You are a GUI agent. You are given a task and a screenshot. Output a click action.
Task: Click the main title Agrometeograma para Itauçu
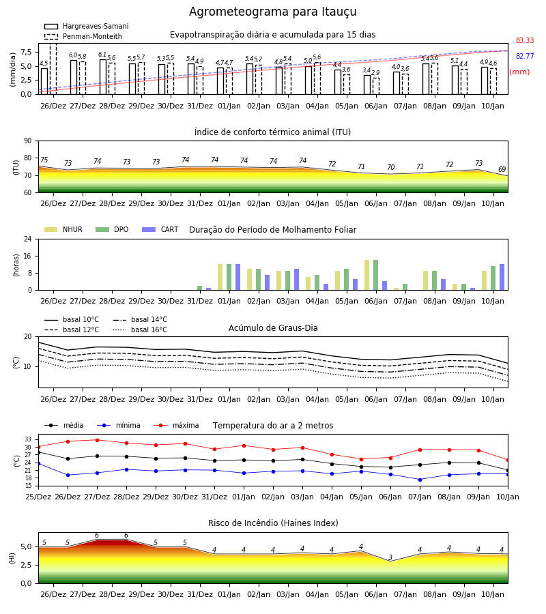tap(272, 12)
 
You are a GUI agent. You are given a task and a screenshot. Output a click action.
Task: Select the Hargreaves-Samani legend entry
tap(86, 26)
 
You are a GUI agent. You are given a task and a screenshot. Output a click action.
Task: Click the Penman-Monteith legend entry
tap(83, 36)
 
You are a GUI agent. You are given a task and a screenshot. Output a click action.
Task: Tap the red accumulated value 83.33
tap(525, 40)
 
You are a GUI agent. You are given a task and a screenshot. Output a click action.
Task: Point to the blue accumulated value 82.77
tap(525, 56)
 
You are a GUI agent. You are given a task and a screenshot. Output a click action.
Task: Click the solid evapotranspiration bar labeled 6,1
tap(103, 76)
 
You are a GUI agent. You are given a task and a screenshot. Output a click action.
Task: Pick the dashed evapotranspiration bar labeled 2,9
tap(376, 86)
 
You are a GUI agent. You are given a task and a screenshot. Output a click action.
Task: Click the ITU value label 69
tap(502, 169)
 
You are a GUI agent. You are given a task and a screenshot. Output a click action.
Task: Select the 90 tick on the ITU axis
tap(28, 141)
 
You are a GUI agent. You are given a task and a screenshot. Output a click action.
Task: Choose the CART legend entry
tap(160, 229)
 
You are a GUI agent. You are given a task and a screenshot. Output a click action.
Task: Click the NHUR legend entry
tap(63, 229)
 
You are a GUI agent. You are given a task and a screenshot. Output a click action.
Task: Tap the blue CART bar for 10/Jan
tap(502, 277)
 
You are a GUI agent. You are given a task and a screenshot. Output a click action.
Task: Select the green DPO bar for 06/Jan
tap(376, 275)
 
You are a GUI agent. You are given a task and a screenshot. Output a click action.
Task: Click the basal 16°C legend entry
tap(140, 330)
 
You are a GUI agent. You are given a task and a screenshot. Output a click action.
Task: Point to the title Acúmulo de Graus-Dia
tap(273, 327)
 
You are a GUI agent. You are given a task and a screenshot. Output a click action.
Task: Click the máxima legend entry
tap(176, 425)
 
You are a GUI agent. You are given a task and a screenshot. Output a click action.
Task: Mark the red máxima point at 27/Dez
tap(97, 440)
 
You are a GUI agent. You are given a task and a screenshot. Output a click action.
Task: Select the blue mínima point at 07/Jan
tap(420, 480)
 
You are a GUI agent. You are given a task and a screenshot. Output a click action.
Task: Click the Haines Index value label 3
tap(390, 557)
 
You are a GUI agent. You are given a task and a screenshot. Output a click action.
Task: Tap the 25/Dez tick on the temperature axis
tap(38, 497)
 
